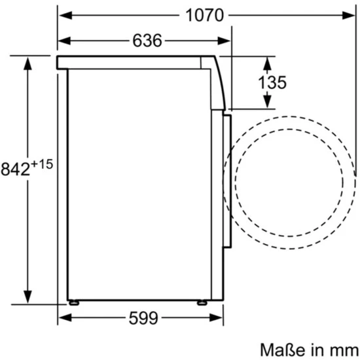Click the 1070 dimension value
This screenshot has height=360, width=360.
coord(204,16)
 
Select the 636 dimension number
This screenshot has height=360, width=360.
coord(147,41)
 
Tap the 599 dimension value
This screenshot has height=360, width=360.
coord(143,318)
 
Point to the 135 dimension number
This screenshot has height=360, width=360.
coord(272,82)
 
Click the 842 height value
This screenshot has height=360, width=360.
coord(16,169)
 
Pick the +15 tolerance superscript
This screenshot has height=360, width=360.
coord(42,164)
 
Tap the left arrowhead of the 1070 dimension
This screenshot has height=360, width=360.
coord(65,16)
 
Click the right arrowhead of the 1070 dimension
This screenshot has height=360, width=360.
coord(349,16)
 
